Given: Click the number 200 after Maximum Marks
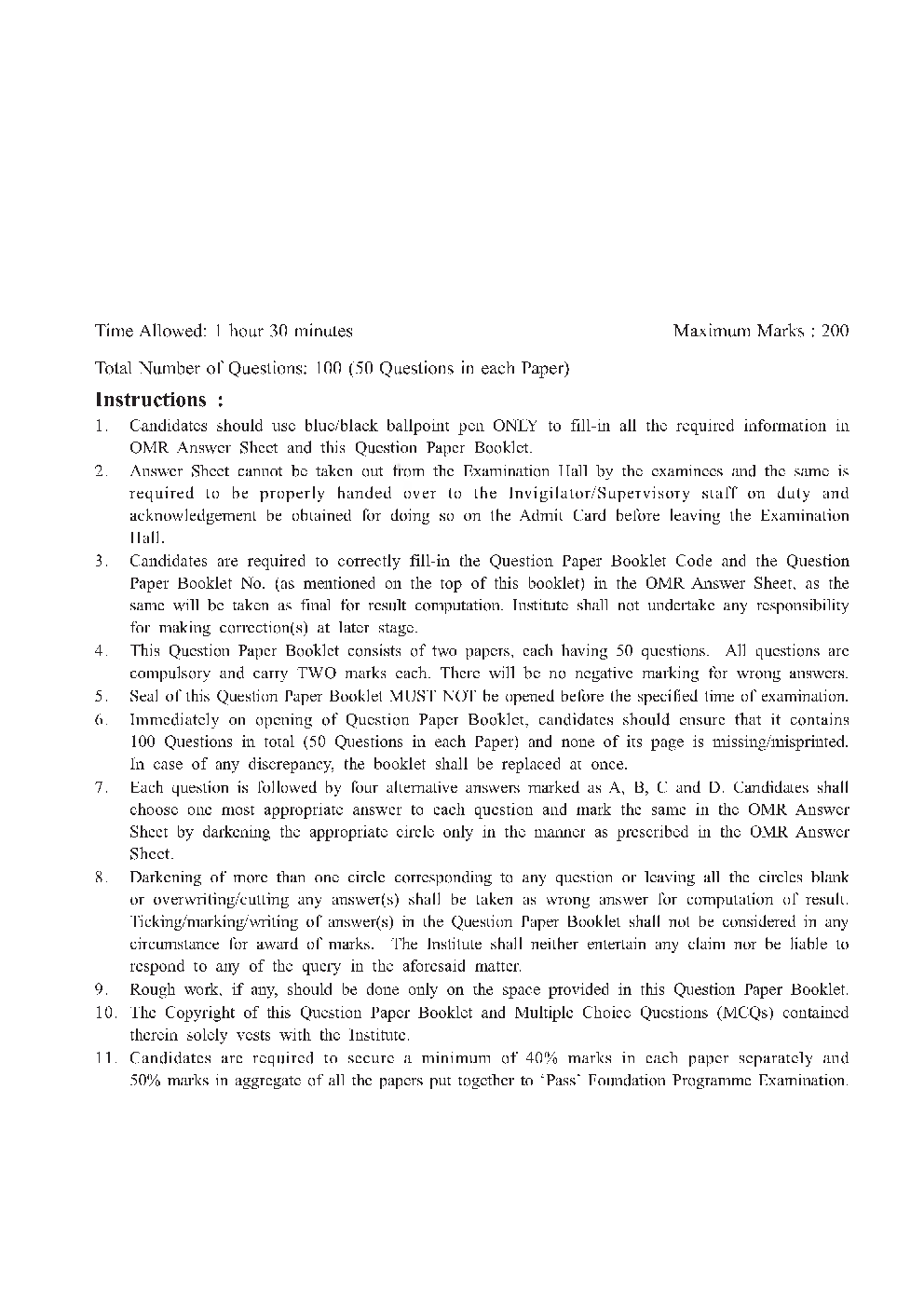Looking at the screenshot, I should (836, 331).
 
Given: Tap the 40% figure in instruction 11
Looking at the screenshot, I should (543, 1058).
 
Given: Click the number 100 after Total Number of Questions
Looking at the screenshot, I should (330, 368).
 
